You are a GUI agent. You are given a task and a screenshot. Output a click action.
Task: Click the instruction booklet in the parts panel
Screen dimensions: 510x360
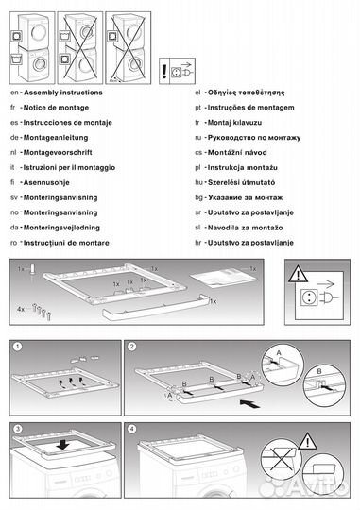point(223,277)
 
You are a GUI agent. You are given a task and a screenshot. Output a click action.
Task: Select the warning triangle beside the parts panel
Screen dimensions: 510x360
point(300,275)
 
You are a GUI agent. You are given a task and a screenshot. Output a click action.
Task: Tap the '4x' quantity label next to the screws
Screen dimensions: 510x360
point(20,308)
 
